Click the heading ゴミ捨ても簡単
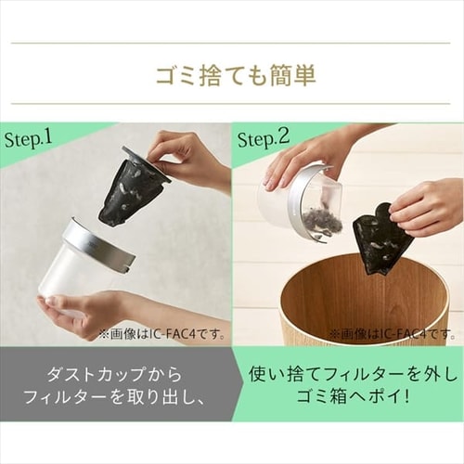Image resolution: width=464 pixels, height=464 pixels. [x=232, y=75]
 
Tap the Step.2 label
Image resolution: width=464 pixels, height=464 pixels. [x=264, y=140]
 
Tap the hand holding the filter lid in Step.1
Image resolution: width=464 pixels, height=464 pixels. [x=190, y=153]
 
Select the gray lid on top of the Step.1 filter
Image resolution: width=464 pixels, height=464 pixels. [x=147, y=161]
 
